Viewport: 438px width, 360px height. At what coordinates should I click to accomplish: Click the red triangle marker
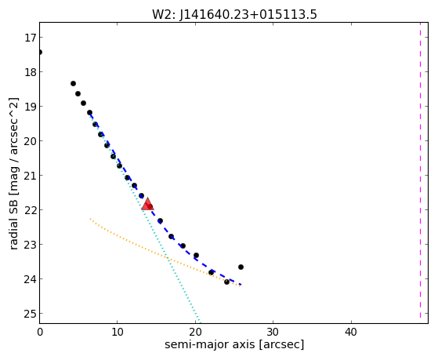147,204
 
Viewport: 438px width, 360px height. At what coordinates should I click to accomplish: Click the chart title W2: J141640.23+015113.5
234,15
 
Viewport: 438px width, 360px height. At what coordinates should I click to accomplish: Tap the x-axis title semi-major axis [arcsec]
234,344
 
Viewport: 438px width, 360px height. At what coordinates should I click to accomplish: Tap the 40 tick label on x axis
351,332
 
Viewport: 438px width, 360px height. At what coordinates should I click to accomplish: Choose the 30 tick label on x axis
273,332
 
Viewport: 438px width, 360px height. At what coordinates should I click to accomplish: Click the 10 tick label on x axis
118,332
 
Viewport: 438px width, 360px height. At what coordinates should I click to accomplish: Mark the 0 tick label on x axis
40,332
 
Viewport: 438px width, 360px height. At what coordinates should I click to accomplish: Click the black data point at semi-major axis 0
40,52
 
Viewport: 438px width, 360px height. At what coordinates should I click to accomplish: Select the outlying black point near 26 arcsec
241,267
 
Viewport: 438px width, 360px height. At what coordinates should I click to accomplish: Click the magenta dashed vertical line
420,173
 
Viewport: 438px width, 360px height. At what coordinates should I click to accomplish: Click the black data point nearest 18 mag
73,83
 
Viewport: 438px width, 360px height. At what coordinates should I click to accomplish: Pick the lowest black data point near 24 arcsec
226,282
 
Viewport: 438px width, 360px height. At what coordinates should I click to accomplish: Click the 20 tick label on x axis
195,332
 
